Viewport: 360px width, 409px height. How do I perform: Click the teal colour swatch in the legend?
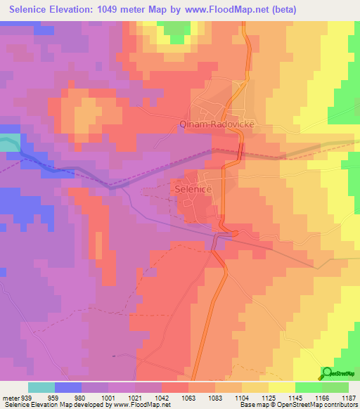(41, 387)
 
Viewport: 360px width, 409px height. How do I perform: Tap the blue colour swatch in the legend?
(67, 387)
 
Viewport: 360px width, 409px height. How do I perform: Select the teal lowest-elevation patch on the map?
(8, 141)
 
